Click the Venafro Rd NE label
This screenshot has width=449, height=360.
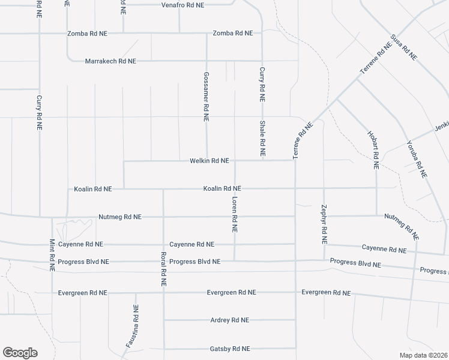(183, 5)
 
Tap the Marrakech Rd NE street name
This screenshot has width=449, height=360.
(110, 61)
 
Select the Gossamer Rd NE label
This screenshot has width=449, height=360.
(206, 98)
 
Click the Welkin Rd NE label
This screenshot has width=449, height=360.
(209, 161)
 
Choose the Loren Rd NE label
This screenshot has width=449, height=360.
(234, 215)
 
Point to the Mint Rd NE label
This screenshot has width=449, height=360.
(52, 255)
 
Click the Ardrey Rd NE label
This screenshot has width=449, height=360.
(230, 320)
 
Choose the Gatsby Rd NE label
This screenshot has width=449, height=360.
(230, 349)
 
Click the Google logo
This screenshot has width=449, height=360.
(20, 353)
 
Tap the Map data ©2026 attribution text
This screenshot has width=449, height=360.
(423, 355)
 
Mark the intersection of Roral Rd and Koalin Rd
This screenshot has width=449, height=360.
(163, 189)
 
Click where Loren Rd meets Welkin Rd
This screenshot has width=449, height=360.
(234, 161)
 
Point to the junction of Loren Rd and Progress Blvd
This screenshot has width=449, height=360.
(234, 261)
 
